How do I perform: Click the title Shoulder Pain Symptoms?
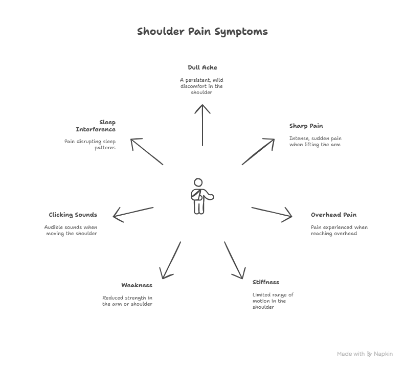(x=202, y=31)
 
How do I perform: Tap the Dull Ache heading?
(x=202, y=67)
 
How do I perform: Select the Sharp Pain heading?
(x=306, y=126)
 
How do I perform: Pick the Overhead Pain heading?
(x=333, y=215)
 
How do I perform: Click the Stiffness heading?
(x=265, y=282)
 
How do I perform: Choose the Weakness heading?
(x=137, y=285)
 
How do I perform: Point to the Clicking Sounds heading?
(x=73, y=215)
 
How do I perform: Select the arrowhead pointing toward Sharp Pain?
(x=273, y=141)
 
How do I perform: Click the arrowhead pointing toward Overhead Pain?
(x=289, y=216)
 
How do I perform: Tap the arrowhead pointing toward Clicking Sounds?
(x=116, y=216)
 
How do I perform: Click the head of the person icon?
(x=198, y=182)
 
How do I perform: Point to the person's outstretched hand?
(x=210, y=195)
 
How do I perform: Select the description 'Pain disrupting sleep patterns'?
(x=90, y=144)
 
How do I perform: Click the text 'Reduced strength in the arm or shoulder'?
(x=127, y=301)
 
